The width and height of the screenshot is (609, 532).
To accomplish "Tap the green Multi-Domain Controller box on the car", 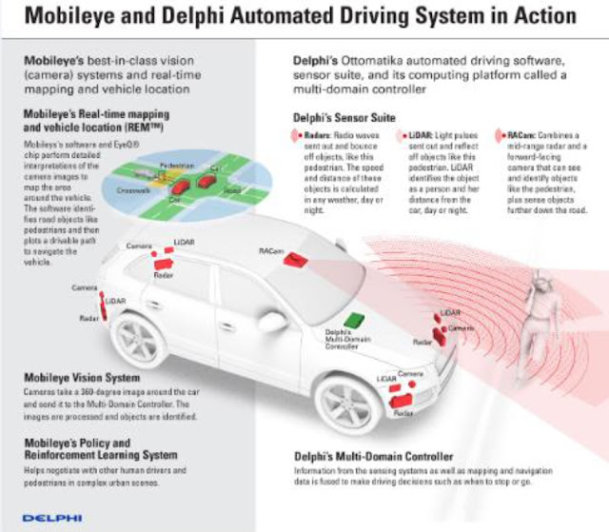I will [x=355, y=321].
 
